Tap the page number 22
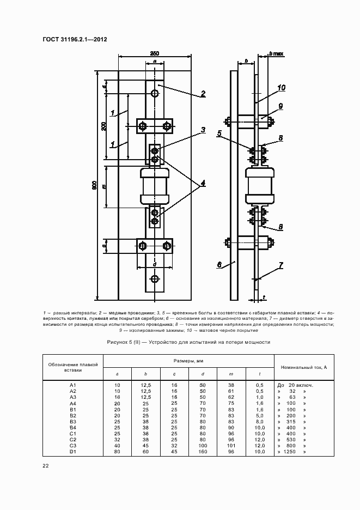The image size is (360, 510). tap(46, 465)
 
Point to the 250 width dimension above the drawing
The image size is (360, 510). tap(155, 53)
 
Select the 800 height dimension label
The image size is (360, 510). tap(94, 186)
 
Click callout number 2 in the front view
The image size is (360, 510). tap(203, 94)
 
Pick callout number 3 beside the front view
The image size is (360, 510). tap(202, 130)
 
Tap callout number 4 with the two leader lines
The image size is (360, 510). tap(202, 184)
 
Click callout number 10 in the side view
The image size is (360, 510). tap(281, 87)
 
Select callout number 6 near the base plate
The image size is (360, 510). tap(219, 265)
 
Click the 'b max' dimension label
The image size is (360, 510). tap(277, 54)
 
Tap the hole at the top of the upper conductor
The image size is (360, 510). tap(155, 94)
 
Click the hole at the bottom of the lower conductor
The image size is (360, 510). tap(155, 280)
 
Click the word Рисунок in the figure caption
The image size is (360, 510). tap(121, 342)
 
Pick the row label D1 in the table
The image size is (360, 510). tap(73, 452)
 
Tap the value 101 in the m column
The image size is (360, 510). tap(231, 446)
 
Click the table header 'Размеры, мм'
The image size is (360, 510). tap(188, 361)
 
